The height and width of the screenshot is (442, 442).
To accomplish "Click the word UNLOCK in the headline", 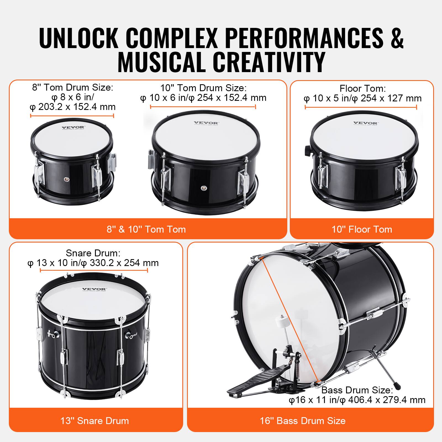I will pyautogui.click(x=79, y=38).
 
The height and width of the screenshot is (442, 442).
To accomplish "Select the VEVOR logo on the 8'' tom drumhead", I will pyautogui.click(x=70, y=128).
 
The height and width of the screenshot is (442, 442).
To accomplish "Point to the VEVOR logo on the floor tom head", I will pyautogui.click(x=365, y=123).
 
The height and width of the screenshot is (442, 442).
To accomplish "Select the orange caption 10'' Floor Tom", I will pyautogui.click(x=362, y=229).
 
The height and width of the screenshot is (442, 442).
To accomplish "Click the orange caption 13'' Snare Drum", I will pyautogui.click(x=94, y=421).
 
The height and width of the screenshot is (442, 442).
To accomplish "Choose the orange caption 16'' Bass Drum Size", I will pyautogui.click(x=302, y=421).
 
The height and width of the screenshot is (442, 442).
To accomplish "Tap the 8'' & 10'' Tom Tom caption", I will pyautogui.click(x=146, y=229).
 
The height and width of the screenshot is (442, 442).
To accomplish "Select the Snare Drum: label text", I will pyautogui.click(x=93, y=253).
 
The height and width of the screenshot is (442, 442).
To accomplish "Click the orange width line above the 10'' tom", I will pyautogui.click(x=203, y=107).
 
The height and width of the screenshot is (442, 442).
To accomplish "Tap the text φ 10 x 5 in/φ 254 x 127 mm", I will pyautogui.click(x=362, y=98).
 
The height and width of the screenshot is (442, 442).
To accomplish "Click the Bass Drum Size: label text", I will pyautogui.click(x=357, y=390).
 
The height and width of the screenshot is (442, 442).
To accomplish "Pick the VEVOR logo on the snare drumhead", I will pyautogui.click(x=94, y=290).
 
